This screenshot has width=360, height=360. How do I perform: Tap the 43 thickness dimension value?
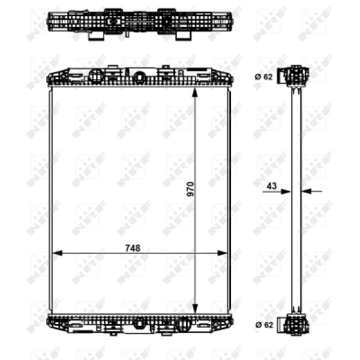point(271,186)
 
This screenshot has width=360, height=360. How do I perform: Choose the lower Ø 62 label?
point(264,324)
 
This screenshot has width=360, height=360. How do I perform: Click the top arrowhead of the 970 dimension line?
point(194,92)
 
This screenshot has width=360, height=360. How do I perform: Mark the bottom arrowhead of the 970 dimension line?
point(194,309)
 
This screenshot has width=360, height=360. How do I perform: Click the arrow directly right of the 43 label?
point(287,192)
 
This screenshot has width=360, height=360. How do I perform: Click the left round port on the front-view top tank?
point(96,76)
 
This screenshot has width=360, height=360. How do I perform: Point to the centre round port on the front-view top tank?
point(140,77)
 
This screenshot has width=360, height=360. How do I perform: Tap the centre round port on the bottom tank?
point(140,323)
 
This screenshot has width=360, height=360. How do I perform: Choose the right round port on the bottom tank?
point(184,324)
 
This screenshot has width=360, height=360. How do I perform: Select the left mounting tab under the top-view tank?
point(94,35)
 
